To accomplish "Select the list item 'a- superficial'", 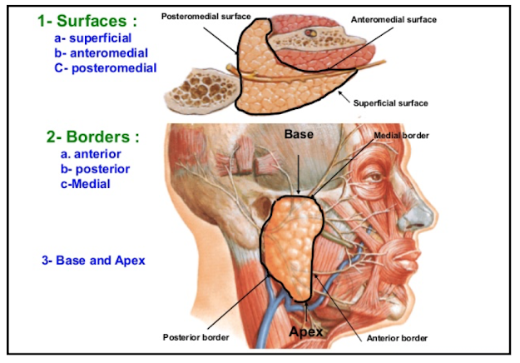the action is click(92, 37).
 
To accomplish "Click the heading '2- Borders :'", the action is click(92, 137).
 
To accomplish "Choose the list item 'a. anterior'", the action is click(91, 154).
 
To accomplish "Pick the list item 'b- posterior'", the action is click(94, 169).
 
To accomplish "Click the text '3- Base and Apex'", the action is click(93, 261).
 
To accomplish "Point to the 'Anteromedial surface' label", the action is click(394, 18).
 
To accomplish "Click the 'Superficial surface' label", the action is click(390, 103).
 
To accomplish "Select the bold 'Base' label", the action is click(298, 133).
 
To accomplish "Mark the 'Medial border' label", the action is click(401, 135).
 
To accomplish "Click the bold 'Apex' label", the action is click(306, 332).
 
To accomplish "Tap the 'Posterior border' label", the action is click(196, 337).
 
